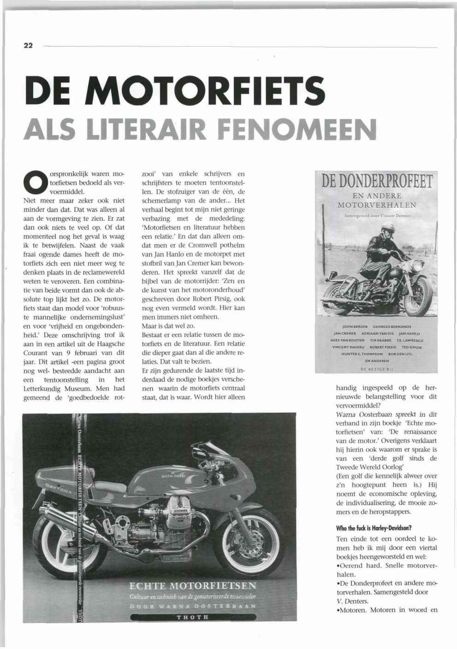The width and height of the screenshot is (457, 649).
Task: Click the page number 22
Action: pyautogui.click(x=28, y=46)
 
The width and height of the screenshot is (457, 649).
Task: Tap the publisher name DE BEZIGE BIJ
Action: pyautogui.click(x=377, y=369)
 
